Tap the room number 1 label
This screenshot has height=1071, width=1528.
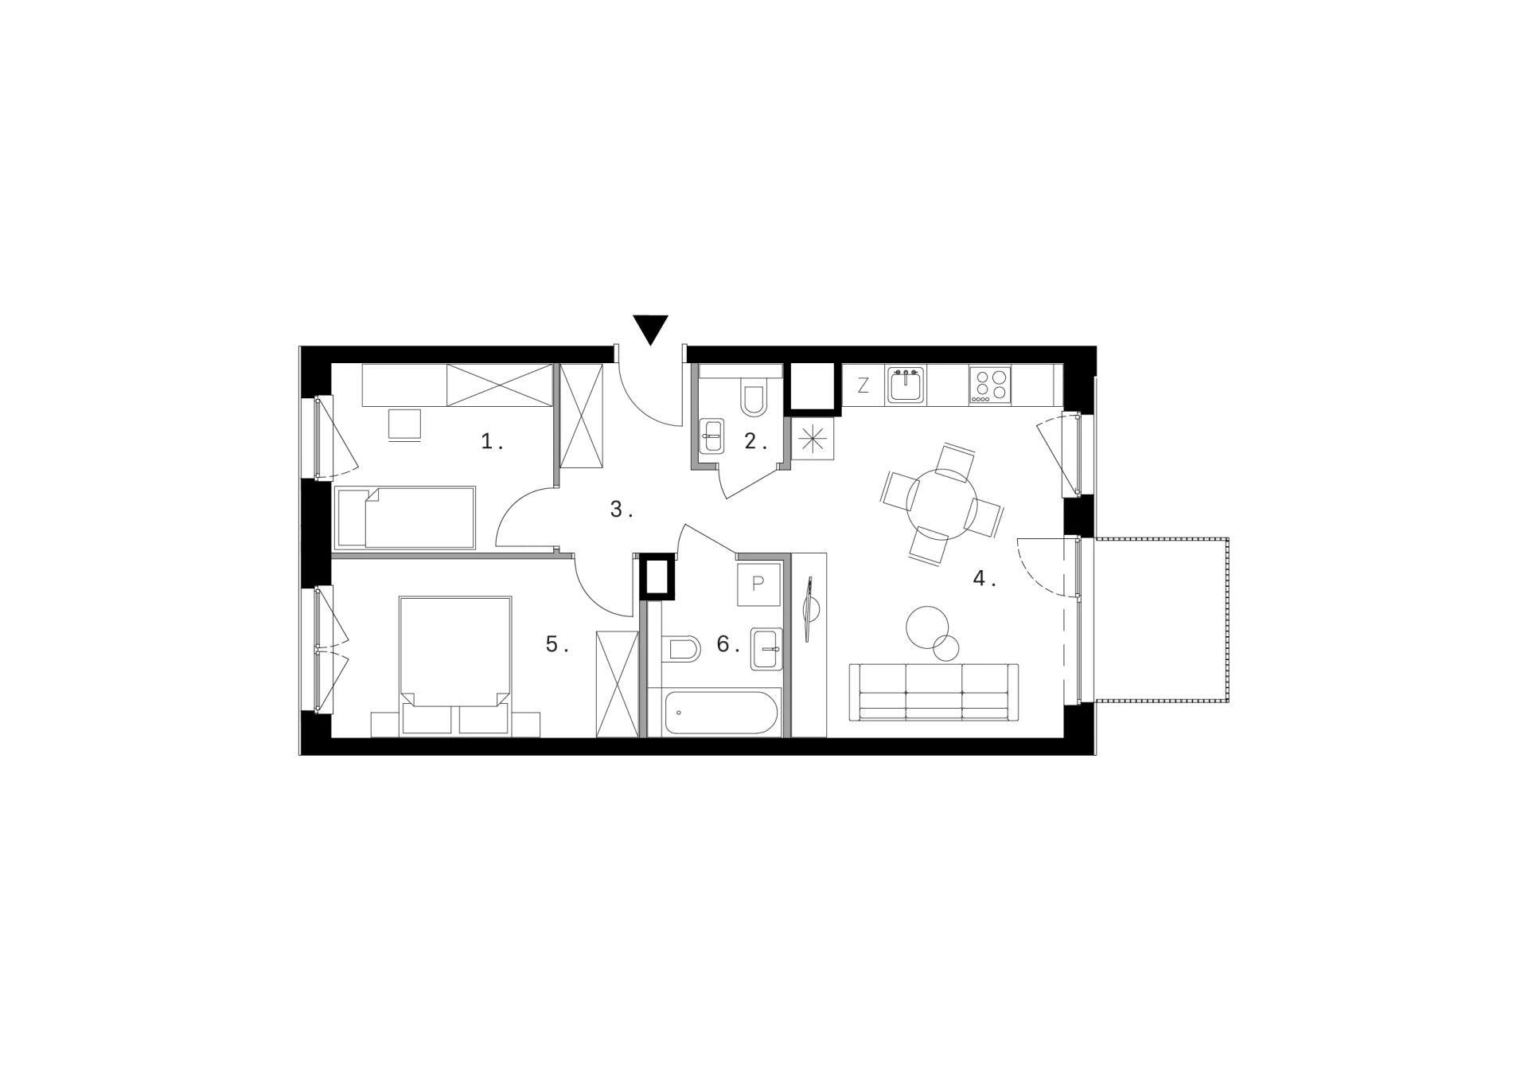pos(492,441)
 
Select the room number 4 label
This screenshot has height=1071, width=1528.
pos(984,579)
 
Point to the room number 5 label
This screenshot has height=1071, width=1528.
pos(557,644)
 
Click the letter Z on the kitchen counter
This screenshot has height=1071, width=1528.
pos(863,386)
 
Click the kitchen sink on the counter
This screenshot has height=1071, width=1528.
pos(906,385)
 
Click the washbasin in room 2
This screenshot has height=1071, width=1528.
pos(712,436)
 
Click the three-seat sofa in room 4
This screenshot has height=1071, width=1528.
pos(934,692)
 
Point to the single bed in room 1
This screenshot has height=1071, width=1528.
pos(406,518)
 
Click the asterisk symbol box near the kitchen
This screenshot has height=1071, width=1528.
pos(813,439)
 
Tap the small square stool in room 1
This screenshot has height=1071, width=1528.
pos(404,424)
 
